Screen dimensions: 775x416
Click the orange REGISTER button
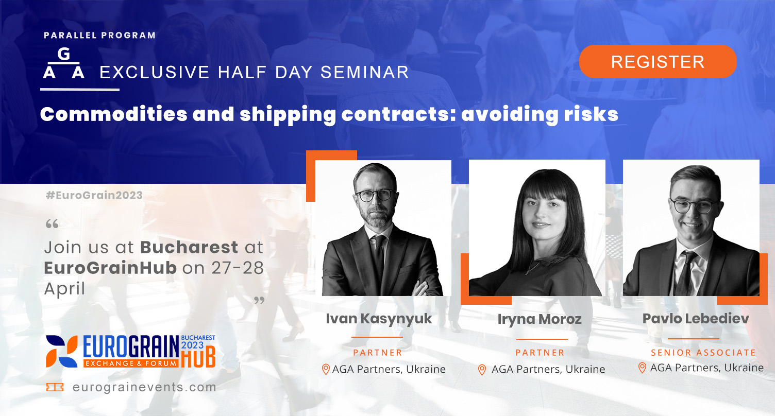pyautogui.click(x=658, y=62)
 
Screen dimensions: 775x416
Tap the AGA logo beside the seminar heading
pyautogui.click(x=64, y=64)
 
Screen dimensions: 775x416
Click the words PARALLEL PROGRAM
pyautogui.click(x=99, y=36)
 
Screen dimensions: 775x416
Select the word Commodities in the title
pyautogui.click(x=113, y=114)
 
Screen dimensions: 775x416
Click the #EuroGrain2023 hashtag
pyautogui.click(x=94, y=195)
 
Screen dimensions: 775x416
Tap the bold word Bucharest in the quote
pyautogui.click(x=189, y=247)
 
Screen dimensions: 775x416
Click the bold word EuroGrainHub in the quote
pyautogui.click(x=110, y=268)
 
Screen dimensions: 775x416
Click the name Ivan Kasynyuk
pyautogui.click(x=379, y=319)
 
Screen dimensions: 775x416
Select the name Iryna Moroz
pyautogui.click(x=540, y=319)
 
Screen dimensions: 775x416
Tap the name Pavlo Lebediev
pyautogui.click(x=696, y=319)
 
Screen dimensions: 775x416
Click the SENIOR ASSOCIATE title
pyautogui.click(x=703, y=352)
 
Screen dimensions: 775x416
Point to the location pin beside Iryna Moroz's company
pyautogui.click(x=482, y=370)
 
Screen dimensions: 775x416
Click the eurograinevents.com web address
pyautogui.click(x=145, y=387)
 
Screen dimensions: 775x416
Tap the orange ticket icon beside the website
pyautogui.click(x=55, y=387)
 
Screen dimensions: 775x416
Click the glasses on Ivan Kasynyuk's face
pyautogui.click(x=375, y=195)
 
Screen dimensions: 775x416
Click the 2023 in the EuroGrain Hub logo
pyautogui.click(x=193, y=345)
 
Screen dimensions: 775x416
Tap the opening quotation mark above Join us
pyautogui.click(x=52, y=224)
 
